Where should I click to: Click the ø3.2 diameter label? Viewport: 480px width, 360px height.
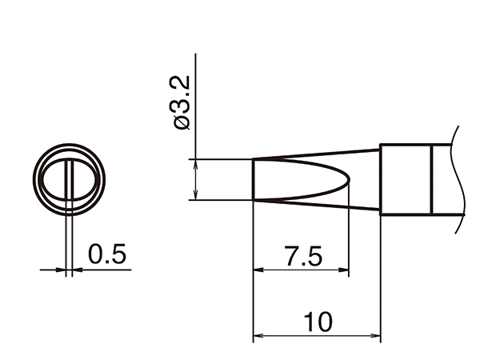click(x=182, y=102)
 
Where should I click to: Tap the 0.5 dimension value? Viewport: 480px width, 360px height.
click(x=107, y=254)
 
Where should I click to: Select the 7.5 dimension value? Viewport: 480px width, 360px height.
click(x=303, y=255)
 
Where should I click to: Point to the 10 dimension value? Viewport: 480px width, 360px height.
click(x=318, y=322)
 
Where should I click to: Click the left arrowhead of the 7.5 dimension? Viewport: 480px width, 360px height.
click(x=258, y=270)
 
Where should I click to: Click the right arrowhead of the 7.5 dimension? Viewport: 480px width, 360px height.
click(x=344, y=270)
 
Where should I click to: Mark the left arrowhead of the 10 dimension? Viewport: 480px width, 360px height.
click(x=258, y=336)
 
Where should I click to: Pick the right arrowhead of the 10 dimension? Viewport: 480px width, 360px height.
click(x=375, y=336)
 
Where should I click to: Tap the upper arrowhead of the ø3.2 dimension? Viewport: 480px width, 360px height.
click(x=196, y=164)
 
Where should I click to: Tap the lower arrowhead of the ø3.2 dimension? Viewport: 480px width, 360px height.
click(x=196, y=195)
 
